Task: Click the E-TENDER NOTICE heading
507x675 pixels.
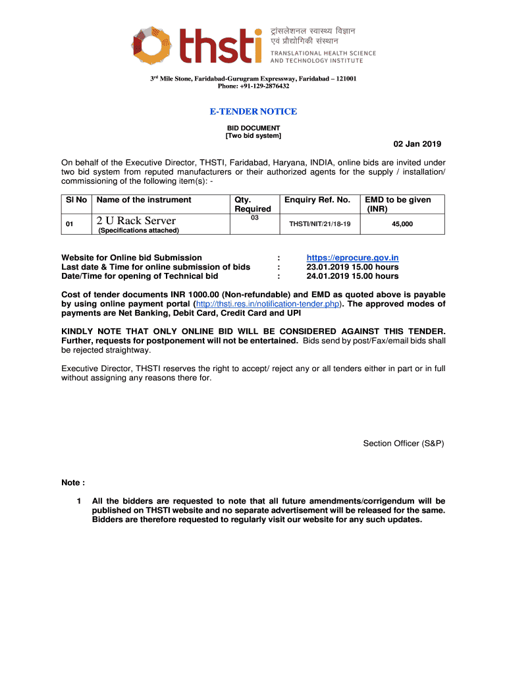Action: pyautogui.click(x=253, y=111)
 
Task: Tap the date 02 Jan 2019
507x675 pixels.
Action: pyautogui.click(x=417, y=144)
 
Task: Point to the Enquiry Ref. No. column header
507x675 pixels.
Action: pyautogui.click(x=317, y=200)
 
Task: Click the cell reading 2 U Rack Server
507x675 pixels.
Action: pyautogui.click(x=136, y=221)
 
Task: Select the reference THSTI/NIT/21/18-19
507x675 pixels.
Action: pyautogui.click(x=315, y=224)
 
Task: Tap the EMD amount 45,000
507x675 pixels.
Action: pyautogui.click(x=402, y=224)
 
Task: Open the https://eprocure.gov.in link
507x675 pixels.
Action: pyautogui.click(x=352, y=258)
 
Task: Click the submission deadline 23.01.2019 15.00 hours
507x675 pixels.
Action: pyautogui.click(x=352, y=267)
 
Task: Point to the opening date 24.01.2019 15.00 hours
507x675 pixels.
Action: pyautogui.click(x=352, y=276)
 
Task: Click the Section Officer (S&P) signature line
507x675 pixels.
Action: pyautogui.click(x=404, y=444)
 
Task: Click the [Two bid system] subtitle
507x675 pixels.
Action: pyautogui.click(x=253, y=136)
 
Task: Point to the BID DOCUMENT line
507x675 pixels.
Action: pyautogui.click(x=253, y=128)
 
